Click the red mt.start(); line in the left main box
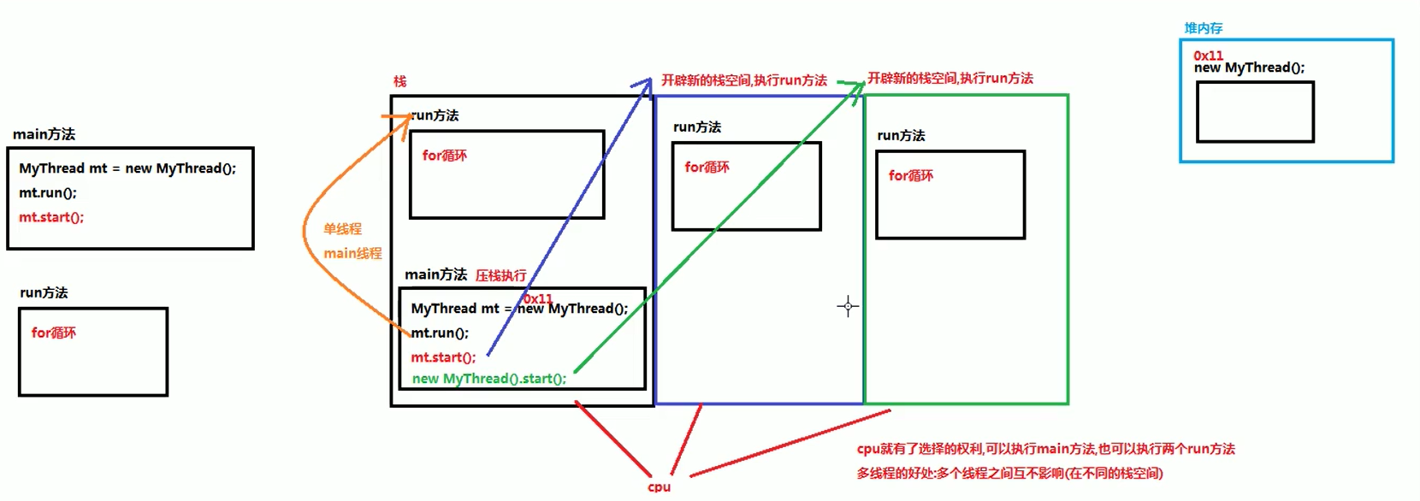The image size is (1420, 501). pyautogui.click(x=51, y=217)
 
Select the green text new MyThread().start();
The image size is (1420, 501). pyautogui.click(x=488, y=379)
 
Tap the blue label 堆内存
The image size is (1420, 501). pyautogui.click(x=1203, y=28)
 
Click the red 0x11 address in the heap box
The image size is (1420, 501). pyautogui.click(x=1208, y=56)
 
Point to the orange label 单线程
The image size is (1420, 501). pyautogui.click(x=342, y=229)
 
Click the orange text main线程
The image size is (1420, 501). pyautogui.click(x=352, y=253)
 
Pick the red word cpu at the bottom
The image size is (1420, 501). pyautogui.click(x=659, y=486)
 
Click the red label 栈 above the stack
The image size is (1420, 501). pyautogui.click(x=399, y=81)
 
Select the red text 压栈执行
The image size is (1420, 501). pyautogui.click(x=500, y=275)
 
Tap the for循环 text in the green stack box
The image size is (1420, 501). pyautogui.click(x=910, y=175)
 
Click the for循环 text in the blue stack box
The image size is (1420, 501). pyautogui.click(x=707, y=167)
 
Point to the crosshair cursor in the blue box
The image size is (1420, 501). pyautogui.click(x=848, y=306)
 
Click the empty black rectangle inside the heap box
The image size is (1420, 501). pyautogui.click(x=1255, y=112)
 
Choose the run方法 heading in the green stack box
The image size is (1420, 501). pyautogui.click(x=901, y=135)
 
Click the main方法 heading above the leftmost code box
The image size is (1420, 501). pyautogui.click(x=44, y=134)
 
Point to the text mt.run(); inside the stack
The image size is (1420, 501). pyautogui.click(x=440, y=333)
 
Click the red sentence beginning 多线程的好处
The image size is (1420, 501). pyautogui.click(x=1009, y=473)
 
